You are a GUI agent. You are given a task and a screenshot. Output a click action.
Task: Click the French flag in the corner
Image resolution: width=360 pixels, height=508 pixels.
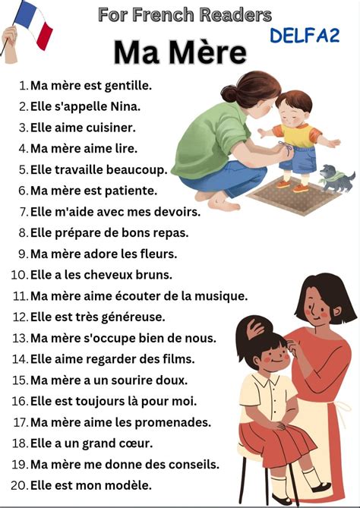pos(33,24)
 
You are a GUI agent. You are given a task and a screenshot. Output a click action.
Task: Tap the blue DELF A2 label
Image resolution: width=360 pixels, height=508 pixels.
pos(305,36)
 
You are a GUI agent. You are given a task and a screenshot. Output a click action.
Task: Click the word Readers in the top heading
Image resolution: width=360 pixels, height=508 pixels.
pos(235,15)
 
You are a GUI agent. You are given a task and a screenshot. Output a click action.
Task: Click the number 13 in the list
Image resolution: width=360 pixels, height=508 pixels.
pos(20,338)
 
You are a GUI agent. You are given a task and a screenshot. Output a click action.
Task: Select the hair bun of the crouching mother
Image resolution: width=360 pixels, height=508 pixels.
pos(229,93)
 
